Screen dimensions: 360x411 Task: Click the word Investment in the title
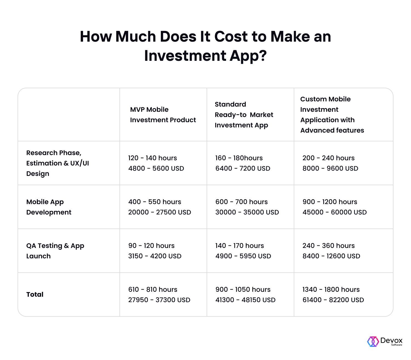(185, 56)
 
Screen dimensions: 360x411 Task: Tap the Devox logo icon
(373, 341)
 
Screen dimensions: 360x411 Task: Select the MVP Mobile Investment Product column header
(163, 115)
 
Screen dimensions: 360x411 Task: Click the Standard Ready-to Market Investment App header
(244, 115)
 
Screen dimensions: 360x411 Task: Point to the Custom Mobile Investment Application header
(332, 115)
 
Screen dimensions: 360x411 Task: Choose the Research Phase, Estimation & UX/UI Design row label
(58, 163)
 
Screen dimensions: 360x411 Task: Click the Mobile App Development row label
(49, 207)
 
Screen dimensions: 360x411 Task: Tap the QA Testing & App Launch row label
(55, 251)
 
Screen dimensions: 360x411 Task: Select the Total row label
(35, 295)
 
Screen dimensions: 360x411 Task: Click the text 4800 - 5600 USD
(156, 168)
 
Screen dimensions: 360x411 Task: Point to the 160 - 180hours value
(239, 158)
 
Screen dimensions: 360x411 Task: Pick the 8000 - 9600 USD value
(330, 168)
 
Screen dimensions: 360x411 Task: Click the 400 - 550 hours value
(155, 202)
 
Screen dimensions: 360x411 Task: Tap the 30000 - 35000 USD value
(247, 212)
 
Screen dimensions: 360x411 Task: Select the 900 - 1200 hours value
(330, 202)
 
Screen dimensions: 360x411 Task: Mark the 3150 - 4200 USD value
(155, 256)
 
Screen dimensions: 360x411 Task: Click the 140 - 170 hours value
(239, 246)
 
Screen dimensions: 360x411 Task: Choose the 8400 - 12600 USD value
(331, 256)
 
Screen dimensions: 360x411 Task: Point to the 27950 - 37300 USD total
(159, 300)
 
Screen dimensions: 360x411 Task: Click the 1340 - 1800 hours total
(331, 290)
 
